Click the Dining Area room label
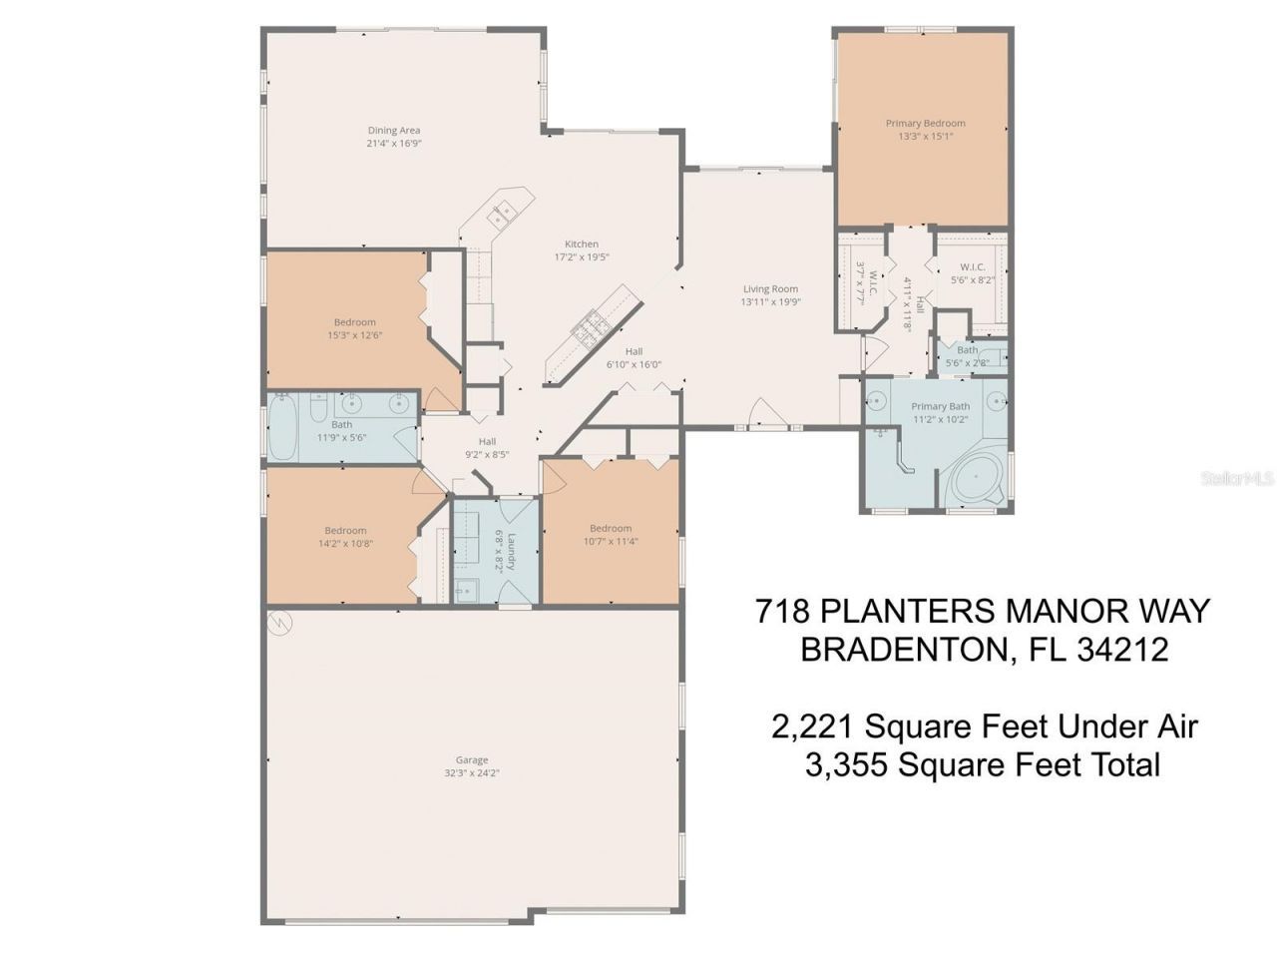click(x=393, y=130)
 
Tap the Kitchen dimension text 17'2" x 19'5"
click(x=582, y=256)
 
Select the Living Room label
click(x=770, y=288)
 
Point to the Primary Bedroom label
click(x=925, y=124)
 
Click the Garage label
click(x=472, y=759)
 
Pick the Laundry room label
click(x=511, y=550)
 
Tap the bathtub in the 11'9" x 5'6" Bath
click(x=283, y=429)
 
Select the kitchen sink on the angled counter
click(x=501, y=213)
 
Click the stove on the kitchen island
click(x=590, y=328)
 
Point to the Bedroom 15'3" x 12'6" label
click(x=354, y=321)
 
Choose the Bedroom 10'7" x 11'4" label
click(x=610, y=528)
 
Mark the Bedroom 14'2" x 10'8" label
click(x=345, y=530)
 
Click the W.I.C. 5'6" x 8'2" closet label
click(x=973, y=266)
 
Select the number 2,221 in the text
click(x=813, y=725)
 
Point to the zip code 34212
click(x=1122, y=650)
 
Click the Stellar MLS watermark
click(x=1237, y=479)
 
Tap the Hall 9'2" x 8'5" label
click(x=487, y=441)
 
